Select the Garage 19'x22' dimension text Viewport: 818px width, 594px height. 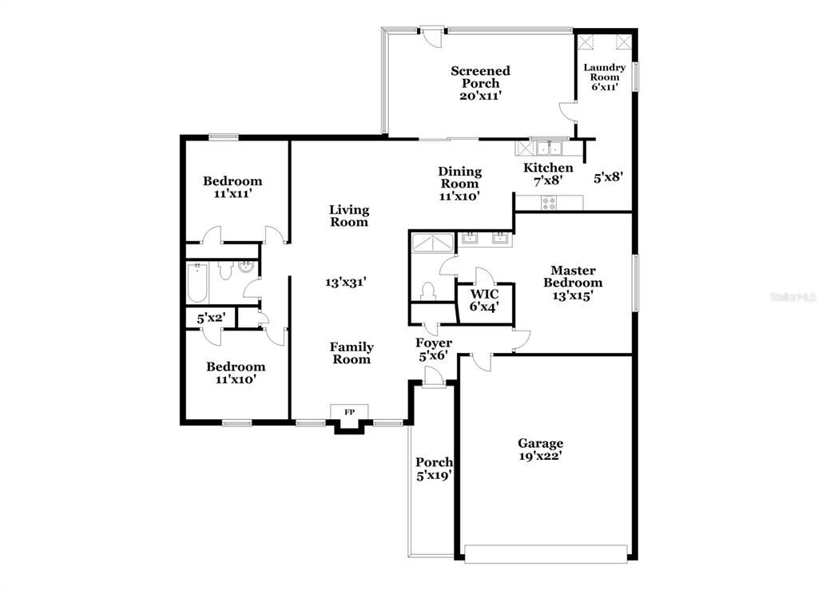(x=540, y=457)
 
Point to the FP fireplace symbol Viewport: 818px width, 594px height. (x=349, y=412)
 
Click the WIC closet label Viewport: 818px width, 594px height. (x=483, y=295)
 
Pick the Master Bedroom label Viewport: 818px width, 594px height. (x=573, y=276)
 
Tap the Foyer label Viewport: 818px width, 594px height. (x=434, y=343)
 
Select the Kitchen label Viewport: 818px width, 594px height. (x=548, y=168)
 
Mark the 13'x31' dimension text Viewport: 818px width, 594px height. (x=346, y=282)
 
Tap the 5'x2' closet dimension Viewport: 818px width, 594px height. (x=211, y=318)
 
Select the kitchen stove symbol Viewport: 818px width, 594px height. (x=550, y=203)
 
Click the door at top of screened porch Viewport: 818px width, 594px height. (x=432, y=35)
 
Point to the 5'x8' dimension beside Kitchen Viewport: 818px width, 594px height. (x=608, y=177)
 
